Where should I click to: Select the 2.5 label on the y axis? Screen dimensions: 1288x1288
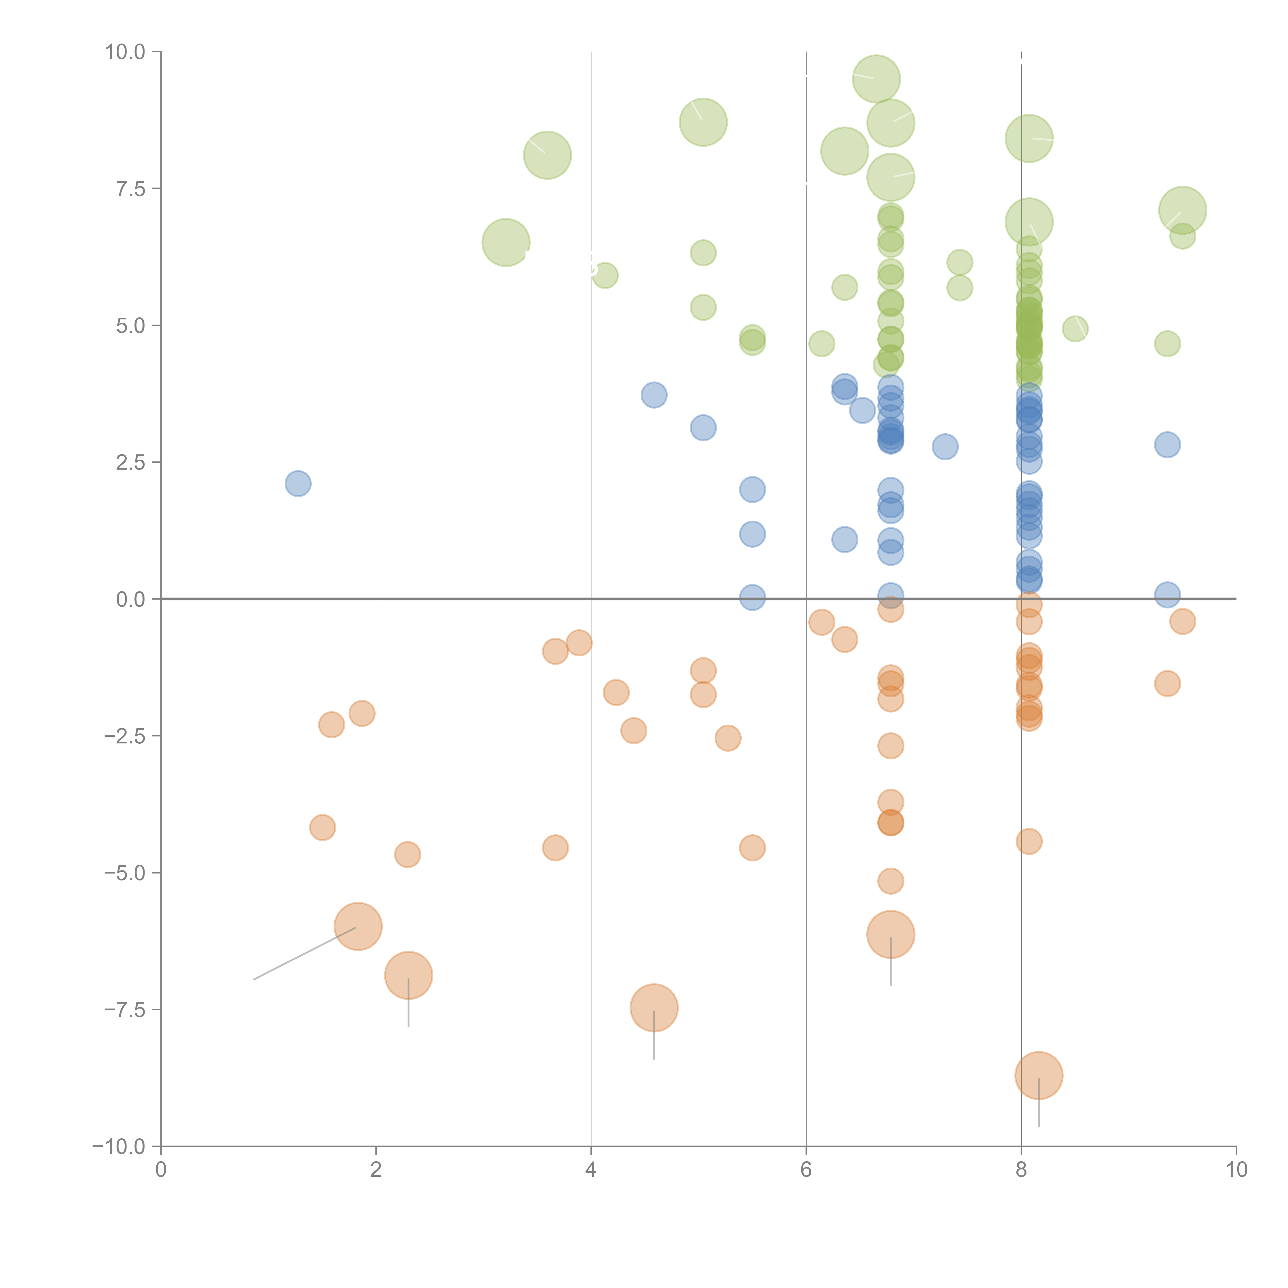(131, 463)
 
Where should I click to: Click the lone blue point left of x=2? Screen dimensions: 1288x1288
(298, 483)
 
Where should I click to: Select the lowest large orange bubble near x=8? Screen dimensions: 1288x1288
(1039, 1075)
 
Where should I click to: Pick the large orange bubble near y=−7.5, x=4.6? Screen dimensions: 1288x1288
(654, 1007)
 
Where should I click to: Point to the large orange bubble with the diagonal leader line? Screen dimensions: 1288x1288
(358, 926)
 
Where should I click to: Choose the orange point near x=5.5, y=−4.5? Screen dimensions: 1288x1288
(752, 848)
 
